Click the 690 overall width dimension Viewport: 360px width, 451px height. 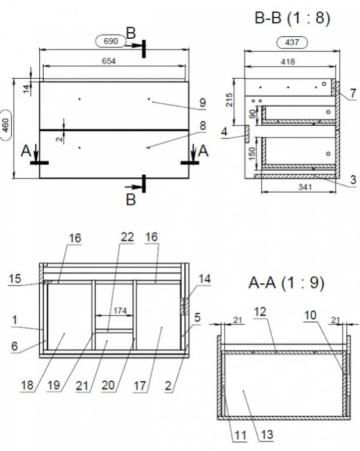click(111, 41)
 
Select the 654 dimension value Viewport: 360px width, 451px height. click(109, 61)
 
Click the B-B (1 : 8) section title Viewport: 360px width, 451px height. click(292, 18)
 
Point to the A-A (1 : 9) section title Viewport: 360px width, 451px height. click(286, 283)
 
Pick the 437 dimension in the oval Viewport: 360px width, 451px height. click(292, 42)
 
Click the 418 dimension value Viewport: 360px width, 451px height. click(288, 61)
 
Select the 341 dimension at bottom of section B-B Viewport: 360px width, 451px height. click(305, 187)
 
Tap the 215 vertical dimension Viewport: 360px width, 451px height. click(229, 100)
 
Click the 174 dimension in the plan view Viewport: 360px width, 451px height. click(120, 311)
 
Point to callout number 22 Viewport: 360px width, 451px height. click(127, 237)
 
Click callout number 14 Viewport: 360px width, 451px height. click(204, 279)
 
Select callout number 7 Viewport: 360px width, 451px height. click(353, 93)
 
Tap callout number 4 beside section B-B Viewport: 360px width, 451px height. click(224, 132)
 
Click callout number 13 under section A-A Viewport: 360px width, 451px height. click(266, 435)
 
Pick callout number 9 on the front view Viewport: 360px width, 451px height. click(203, 103)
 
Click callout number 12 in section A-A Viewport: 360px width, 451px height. click(260, 311)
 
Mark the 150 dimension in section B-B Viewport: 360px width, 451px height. click(252, 154)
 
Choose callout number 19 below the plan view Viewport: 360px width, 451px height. click(54, 385)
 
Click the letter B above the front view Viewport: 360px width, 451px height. click(131, 33)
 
